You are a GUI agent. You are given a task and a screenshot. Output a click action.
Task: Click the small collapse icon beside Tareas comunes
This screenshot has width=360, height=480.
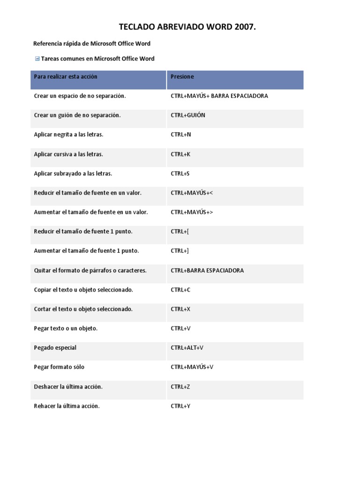click(x=37, y=59)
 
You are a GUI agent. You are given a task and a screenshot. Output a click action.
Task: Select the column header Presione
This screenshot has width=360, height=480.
click(x=182, y=76)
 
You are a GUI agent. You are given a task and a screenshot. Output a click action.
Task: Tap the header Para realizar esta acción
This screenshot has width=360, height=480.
click(x=66, y=76)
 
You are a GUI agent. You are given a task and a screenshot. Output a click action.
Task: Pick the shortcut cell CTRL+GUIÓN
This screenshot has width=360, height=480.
click(x=188, y=115)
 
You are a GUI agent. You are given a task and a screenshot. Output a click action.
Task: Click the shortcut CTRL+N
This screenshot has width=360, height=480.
click(x=181, y=135)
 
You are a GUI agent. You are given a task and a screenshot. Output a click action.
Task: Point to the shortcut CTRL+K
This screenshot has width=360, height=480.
click(x=180, y=154)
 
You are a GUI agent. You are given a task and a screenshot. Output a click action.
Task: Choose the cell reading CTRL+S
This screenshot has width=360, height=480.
click(x=180, y=173)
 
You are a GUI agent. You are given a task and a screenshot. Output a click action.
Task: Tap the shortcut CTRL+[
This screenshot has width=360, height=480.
click(x=180, y=232)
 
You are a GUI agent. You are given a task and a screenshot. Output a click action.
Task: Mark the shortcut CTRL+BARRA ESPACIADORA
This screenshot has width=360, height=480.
click(x=207, y=270)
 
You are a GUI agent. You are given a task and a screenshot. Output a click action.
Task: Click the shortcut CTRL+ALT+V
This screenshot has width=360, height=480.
click(x=187, y=348)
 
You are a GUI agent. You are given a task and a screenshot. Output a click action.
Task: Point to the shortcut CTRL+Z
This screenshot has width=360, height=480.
click(x=180, y=387)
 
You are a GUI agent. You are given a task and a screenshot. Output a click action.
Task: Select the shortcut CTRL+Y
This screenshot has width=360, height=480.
click(x=180, y=406)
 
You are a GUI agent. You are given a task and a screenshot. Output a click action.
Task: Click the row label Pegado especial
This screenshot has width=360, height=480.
click(x=55, y=348)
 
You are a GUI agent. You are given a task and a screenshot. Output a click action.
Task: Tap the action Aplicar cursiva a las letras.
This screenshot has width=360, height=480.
click(x=68, y=154)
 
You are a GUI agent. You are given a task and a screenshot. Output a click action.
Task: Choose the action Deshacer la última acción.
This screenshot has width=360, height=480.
click(x=68, y=387)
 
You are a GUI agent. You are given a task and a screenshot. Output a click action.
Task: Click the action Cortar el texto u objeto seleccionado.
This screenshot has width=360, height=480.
click(x=83, y=309)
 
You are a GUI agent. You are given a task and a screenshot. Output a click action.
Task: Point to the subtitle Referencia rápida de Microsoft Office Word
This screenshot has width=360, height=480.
click(x=92, y=44)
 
